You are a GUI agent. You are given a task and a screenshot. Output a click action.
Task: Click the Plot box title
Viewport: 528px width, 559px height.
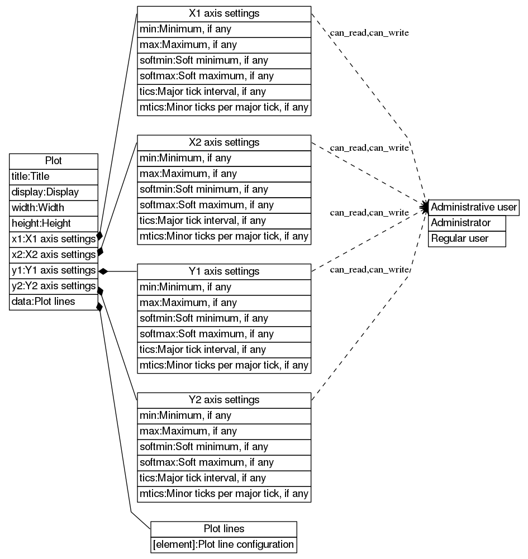point(54,161)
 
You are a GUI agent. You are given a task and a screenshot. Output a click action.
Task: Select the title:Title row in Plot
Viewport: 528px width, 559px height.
point(54,176)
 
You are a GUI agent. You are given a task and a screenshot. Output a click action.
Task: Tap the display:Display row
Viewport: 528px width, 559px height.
point(54,192)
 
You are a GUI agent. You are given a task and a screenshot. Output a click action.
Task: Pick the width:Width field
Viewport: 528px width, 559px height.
point(54,208)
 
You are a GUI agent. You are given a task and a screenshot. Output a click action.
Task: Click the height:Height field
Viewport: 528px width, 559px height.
point(54,223)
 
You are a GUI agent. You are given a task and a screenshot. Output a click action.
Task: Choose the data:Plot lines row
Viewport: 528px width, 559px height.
point(54,302)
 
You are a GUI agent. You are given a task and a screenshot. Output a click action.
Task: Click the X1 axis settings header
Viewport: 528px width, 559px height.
point(223,13)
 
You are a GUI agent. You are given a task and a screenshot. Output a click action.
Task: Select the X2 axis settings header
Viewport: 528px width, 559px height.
point(223,142)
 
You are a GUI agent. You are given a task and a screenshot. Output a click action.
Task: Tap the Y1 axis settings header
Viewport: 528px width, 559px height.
point(223,271)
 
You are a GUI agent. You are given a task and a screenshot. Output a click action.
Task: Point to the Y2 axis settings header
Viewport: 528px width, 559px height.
point(223,400)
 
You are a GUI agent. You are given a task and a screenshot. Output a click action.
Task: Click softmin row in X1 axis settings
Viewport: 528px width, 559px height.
point(223,60)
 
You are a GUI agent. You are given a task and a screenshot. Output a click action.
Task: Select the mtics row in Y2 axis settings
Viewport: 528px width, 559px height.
point(223,494)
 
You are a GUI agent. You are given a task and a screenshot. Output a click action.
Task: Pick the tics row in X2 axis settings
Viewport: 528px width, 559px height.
point(223,221)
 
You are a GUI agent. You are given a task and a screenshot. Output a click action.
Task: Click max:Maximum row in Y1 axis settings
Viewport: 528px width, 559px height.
point(223,303)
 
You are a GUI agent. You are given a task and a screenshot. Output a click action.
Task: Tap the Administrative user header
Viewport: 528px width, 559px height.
point(474,207)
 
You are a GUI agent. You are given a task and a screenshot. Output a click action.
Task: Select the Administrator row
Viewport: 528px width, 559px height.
point(467,223)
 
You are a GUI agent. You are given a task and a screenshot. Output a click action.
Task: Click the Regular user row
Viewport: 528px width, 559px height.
point(467,238)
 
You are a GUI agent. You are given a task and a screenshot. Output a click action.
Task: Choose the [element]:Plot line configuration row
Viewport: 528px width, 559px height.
point(223,544)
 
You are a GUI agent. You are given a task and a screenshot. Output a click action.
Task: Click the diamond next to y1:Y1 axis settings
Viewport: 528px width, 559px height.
point(103,271)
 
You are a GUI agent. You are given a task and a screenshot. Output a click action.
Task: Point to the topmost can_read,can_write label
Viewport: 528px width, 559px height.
point(369,33)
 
